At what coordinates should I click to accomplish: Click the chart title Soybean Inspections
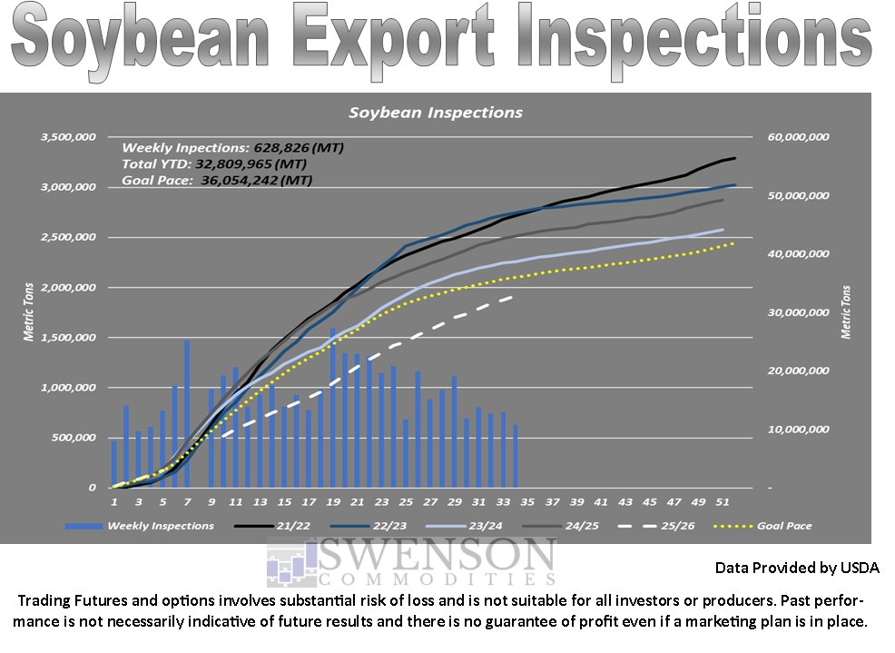pos(436,113)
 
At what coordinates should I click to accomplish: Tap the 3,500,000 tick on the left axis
pos(68,137)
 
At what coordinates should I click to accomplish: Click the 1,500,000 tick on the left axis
pos(68,338)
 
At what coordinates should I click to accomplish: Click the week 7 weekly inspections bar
pos(187,414)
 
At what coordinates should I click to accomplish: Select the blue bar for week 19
pos(333,408)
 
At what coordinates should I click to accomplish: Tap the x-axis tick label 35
pos(527,501)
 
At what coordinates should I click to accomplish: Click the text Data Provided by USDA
pos(797,568)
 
